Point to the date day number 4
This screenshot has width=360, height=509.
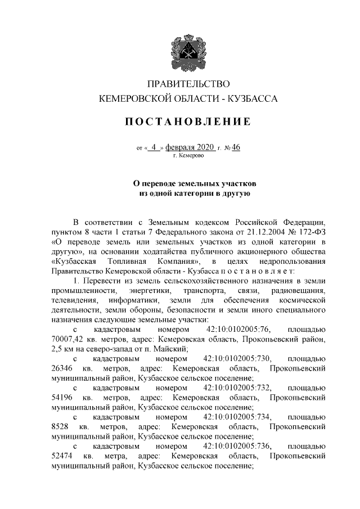pos(155,147)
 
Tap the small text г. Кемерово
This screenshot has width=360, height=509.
pos(188,155)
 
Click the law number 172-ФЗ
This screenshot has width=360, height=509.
pos(309,232)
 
